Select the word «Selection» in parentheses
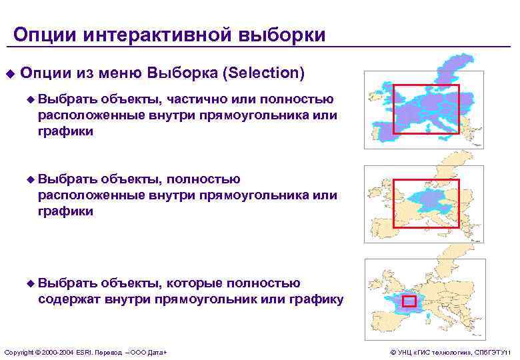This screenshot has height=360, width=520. click(x=266, y=72)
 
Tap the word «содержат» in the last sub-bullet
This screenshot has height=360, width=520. click(x=66, y=299)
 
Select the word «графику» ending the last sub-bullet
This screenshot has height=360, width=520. click(x=317, y=299)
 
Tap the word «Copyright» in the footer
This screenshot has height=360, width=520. click(x=18, y=351)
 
